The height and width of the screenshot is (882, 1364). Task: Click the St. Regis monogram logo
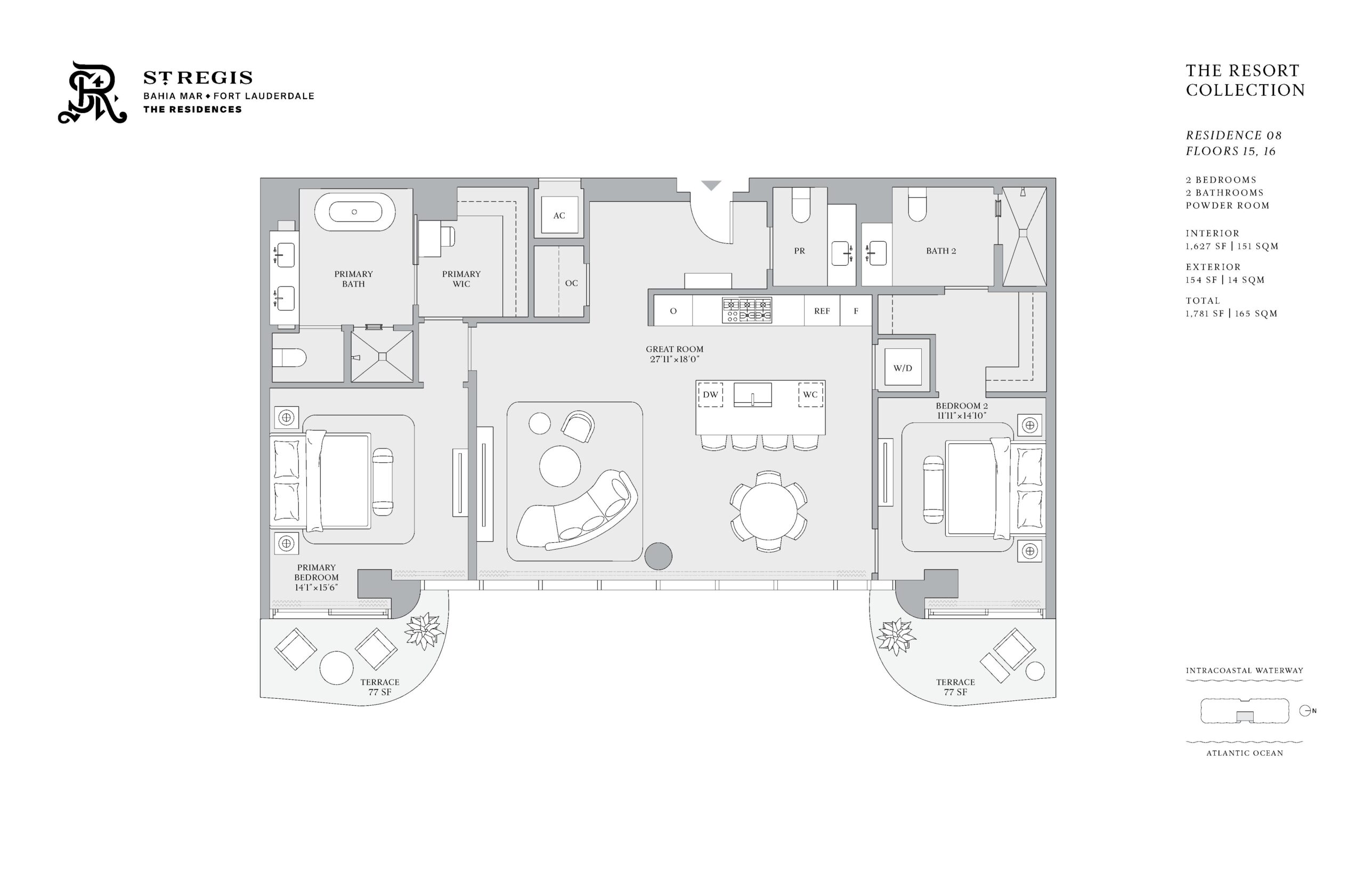click(x=92, y=92)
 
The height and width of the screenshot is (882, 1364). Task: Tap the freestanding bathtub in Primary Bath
click(x=355, y=212)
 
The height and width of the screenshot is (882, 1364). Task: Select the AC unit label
click(x=559, y=215)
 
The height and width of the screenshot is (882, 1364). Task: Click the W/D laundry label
click(x=902, y=367)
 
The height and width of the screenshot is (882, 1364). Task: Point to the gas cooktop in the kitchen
click(x=746, y=310)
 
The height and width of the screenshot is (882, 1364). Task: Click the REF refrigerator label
click(x=822, y=311)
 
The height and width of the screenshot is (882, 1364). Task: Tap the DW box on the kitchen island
click(x=710, y=395)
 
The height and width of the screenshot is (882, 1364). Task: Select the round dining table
click(x=768, y=511)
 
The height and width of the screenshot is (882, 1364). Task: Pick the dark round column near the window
click(x=658, y=556)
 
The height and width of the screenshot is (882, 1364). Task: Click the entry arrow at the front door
click(x=711, y=185)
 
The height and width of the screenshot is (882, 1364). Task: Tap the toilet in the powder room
click(x=801, y=205)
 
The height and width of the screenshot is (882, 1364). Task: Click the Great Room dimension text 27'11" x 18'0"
click(x=674, y=359)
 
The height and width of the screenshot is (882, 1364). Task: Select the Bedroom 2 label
click(x=961, y=405)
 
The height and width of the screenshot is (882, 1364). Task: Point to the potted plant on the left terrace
click(x=424, y=631)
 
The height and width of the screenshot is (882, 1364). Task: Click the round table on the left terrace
click(x=336, y=668)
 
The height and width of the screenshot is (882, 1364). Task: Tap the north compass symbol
click(x=1306, y=710)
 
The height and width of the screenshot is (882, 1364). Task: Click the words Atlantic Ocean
click(x=1244, y=753)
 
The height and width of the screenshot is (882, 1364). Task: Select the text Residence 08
click(x=1233, y=136)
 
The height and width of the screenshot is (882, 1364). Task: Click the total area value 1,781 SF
click(x=1206, y=314)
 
